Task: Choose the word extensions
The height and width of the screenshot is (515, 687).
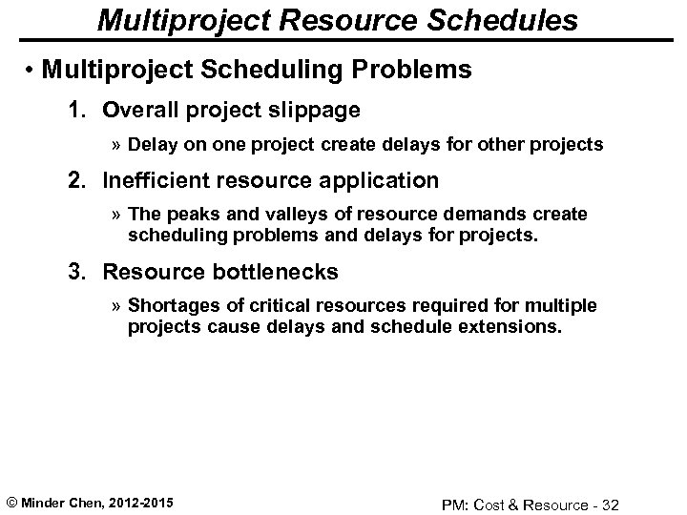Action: (x=516, y=326)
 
